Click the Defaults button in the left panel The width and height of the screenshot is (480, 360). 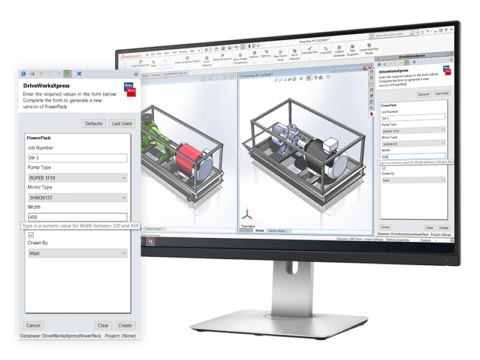pyautogui.click(x=94, y=123)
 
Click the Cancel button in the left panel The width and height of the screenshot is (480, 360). pyautogui.click(x=34, y=325)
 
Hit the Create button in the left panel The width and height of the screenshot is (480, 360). pyautogui.click(x=125, y=325)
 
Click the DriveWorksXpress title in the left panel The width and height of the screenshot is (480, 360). pyautogui.click(x=56, y=88)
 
